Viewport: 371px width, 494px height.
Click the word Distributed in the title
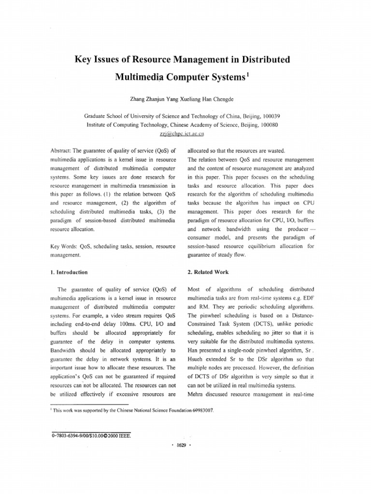coord(273,60)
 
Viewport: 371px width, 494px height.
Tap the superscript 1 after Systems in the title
coord(248,74)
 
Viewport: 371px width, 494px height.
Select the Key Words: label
coord(65,246)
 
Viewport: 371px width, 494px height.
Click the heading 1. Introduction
coord(69,272)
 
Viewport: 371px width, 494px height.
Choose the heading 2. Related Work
coord(208,272)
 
